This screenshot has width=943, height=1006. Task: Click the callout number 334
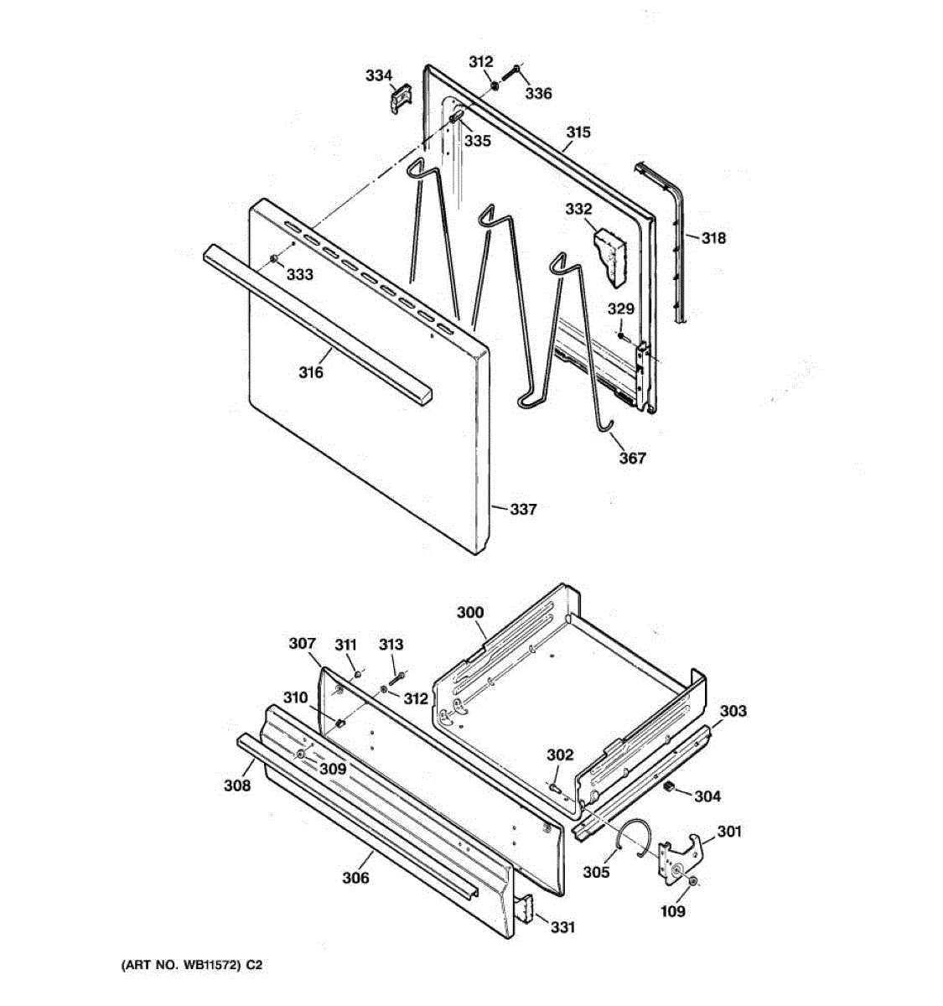378,76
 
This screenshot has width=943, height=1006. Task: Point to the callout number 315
578,132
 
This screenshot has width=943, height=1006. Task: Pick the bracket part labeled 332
609,257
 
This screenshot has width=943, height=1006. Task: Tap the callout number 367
633,458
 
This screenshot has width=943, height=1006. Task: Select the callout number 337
523,509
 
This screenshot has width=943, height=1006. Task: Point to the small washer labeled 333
274,259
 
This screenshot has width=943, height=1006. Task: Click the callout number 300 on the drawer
470,613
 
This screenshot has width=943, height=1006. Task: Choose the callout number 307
302,644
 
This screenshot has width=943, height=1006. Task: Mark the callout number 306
355,878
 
